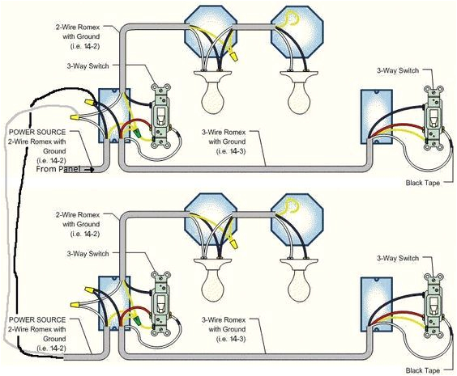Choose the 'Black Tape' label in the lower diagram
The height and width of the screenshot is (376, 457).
point(425,370)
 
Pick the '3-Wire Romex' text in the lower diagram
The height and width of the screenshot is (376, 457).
point(224,320)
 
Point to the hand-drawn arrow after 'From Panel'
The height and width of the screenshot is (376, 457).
point(91,170)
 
